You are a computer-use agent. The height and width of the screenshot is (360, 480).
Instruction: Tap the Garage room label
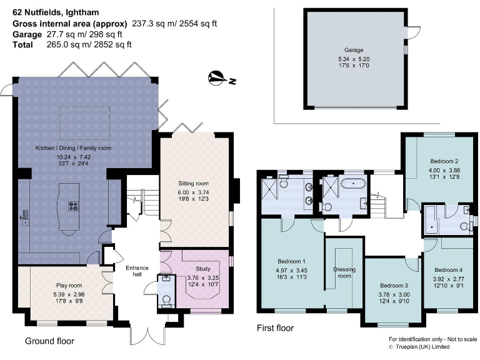354,50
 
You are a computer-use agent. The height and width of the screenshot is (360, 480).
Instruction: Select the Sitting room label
194,184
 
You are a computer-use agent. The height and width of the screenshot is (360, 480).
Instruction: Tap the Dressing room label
344,272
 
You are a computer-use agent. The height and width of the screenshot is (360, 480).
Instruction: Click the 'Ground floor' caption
49,341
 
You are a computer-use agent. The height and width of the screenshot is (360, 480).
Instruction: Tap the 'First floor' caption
275,328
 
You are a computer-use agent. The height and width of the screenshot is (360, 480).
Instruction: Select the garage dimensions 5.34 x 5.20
354,60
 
